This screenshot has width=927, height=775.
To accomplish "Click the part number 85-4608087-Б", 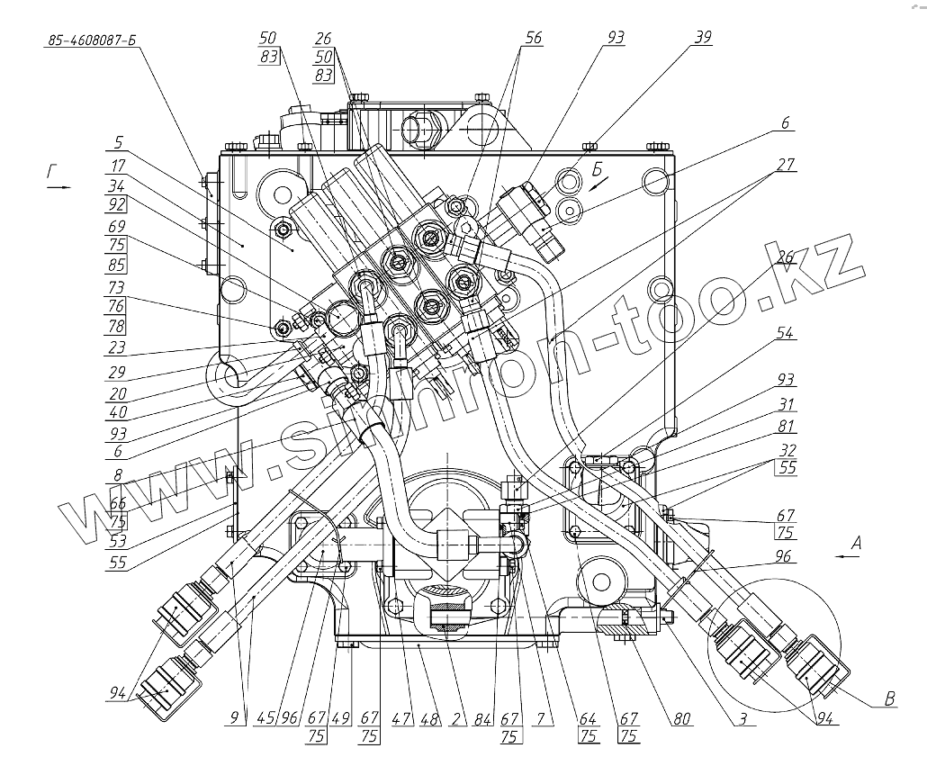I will (x=89, y=41).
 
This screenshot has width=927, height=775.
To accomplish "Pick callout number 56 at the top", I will (x=534, y=39).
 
